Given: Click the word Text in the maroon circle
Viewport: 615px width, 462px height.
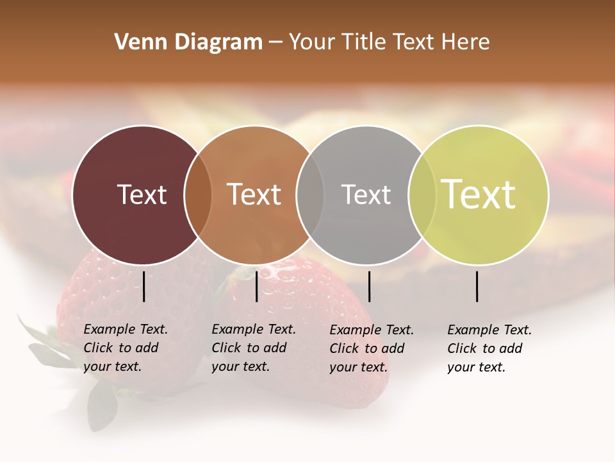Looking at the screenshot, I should pyautogui.click(x=142, y=194).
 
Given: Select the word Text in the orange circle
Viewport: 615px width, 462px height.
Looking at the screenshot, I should pyautogui.click(x=254, y=194).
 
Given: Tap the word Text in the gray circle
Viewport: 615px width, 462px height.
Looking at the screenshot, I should pyautogui.click(x=366, y=194).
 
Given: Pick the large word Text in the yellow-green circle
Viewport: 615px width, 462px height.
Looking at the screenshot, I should pyautogui.click(x=479, y=194).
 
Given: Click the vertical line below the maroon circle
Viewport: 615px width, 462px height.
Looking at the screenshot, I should pyautogui.click(x=144, y=286).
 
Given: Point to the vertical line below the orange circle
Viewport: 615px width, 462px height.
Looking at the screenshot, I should pyautogui.click(x=256, y=286).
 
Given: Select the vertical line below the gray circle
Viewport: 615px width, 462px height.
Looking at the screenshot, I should pyautogui.click(x=369, y=286).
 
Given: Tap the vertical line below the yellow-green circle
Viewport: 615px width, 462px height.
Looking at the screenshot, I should pyautogui.click(x=477, y=286).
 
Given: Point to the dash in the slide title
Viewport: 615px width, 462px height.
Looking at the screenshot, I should pyautogui.click(x=275, y=42).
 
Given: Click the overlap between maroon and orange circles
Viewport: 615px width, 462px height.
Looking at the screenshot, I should pyautogui.click(x=198, y=195).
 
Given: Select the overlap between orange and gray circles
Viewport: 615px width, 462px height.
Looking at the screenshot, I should pyautogui.click(x=310, y=195).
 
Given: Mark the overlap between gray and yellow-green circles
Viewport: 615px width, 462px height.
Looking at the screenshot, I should pyautogui.click(x=422, y=195).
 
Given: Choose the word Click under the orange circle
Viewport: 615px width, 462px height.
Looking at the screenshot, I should pyautogui.click(x=227, y=348).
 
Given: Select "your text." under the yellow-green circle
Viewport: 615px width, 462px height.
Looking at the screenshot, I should pyautogui.click(x=476, y=367).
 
